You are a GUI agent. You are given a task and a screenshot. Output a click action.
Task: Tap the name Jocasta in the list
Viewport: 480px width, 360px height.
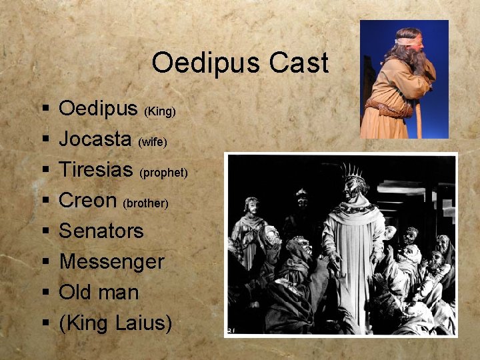(x=95, y=139)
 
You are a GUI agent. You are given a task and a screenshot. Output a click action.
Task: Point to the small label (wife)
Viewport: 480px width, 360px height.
(x=152, y=142)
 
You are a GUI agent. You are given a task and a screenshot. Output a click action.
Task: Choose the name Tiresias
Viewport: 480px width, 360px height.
(x=96, y=169)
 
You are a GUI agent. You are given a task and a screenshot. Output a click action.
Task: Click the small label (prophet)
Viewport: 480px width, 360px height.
(x=163, y=173)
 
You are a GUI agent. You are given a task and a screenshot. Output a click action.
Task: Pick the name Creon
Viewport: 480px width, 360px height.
(x=88, y=200)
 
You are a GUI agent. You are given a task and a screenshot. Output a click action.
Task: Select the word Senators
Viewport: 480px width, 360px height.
(x=101, y=231)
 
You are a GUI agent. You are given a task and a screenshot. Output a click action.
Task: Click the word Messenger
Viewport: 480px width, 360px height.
(x=111, y=262)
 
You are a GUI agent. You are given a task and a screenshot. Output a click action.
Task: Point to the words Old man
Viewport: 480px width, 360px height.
(x=99, y=292)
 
